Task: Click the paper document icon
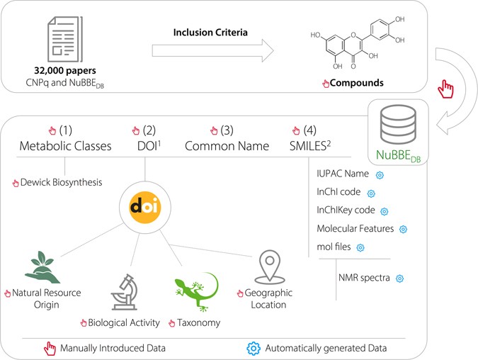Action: coord(64,40)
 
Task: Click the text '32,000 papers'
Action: coord(63,72)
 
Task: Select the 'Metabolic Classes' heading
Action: coord(65,146)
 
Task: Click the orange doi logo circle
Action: coord(146,206)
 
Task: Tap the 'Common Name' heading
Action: coord(227,146)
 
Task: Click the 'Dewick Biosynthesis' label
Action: coord(62,182)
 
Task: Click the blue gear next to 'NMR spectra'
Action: coord(399,279)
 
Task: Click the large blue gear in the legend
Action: coord(254,348)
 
